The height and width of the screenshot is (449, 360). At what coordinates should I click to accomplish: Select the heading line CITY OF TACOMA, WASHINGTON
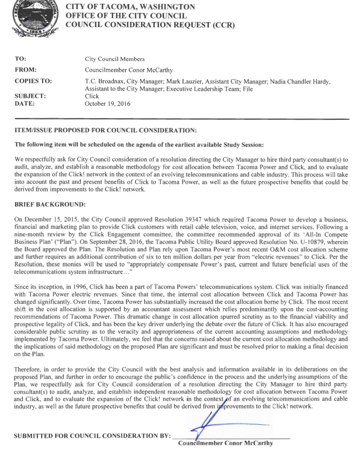[130, 7]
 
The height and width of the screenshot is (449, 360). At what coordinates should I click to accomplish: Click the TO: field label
[20, 59]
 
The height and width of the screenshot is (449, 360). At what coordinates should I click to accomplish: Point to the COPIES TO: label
[33, 81]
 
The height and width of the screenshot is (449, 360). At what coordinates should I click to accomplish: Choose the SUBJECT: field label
[30, 96]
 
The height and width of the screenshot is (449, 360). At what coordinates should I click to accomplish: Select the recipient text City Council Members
[114, 59]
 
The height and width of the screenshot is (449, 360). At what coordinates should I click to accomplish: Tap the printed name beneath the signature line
[225, 443]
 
